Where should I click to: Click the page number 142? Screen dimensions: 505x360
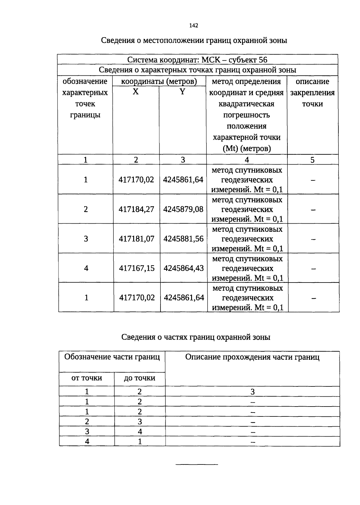click(x=194, y=26)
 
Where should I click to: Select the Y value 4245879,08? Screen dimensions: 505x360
click(x=183, y=209)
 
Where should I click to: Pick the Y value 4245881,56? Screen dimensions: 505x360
click(x=183, y=239)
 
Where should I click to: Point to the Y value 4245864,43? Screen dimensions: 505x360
click(x=184, y=268)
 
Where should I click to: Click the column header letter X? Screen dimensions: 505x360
click(x=136, y=92)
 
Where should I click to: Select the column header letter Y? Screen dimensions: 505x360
click(x=182, y=92)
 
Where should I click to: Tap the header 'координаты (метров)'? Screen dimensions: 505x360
click(x=159, y=81)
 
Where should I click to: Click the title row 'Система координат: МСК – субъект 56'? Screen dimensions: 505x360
click(x=197, y=60)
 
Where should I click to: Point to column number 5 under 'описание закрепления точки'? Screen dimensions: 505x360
click(x=312, y=160)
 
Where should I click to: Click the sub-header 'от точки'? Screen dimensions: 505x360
click(x=86, y=378)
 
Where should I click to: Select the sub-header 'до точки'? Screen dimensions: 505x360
click(x=139, y=378)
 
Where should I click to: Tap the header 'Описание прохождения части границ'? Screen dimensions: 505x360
click(x=252, y=357)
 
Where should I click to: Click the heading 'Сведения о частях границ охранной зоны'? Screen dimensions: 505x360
click(x=196, y=337)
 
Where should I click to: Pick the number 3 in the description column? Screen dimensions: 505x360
click(x=252, y=392)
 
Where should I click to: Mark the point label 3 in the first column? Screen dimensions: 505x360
click(x=86, y=239)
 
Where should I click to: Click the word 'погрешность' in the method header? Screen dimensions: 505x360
click(x=247, y=115)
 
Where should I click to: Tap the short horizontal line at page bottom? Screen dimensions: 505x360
click(x=197, y=465)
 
